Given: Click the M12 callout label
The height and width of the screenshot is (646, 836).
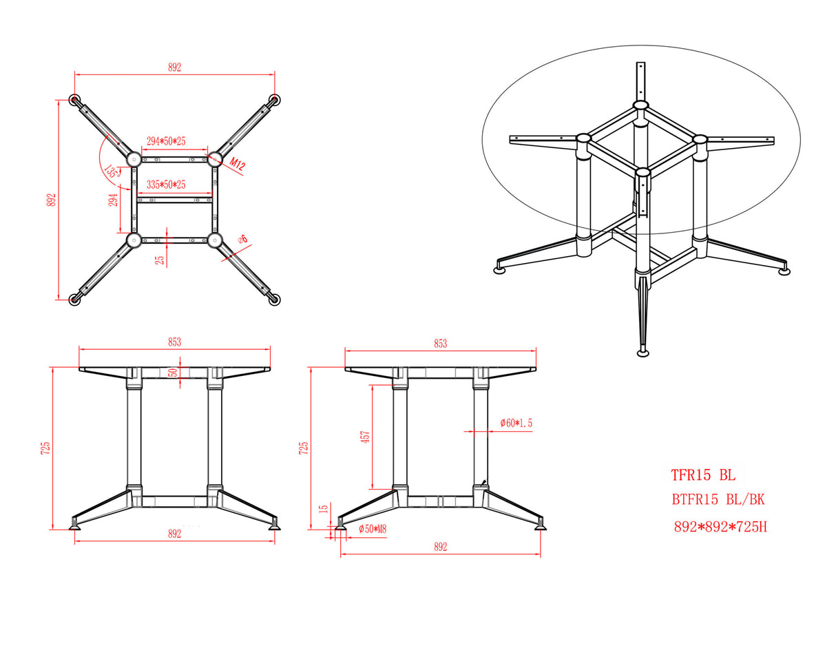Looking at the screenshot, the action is point(237,164).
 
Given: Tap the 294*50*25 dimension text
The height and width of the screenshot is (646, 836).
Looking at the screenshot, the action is point(166,141).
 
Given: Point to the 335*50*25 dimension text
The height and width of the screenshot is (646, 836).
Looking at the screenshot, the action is point(166,185).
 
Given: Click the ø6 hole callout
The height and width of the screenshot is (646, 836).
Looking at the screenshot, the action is point(243,239).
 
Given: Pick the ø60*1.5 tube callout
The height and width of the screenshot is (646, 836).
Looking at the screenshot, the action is point(516,424).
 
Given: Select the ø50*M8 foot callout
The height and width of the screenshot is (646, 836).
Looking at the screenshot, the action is point(373,530).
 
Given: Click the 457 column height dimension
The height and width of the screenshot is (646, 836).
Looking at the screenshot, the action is point(365,437).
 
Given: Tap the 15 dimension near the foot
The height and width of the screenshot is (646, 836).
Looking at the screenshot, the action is point(324,509).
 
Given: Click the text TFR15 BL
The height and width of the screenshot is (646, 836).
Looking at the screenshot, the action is point(703,475).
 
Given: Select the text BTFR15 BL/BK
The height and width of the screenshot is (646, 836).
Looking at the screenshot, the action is point(718,500).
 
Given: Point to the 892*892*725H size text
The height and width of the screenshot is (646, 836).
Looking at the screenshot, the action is point(720,527).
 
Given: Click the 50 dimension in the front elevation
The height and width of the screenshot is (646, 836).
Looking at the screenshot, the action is point(173,373).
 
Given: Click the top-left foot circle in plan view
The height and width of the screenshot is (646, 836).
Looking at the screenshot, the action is point(74,100).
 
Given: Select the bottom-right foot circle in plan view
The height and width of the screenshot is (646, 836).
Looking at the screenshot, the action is point(275,300).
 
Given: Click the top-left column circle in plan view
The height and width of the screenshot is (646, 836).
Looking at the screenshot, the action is point(134,158).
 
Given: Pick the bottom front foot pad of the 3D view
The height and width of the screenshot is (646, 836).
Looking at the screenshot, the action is point(642,353).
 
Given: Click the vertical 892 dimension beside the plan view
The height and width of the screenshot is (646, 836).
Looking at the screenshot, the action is point(52,200).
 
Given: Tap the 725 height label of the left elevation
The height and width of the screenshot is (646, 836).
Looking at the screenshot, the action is point(45,448).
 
